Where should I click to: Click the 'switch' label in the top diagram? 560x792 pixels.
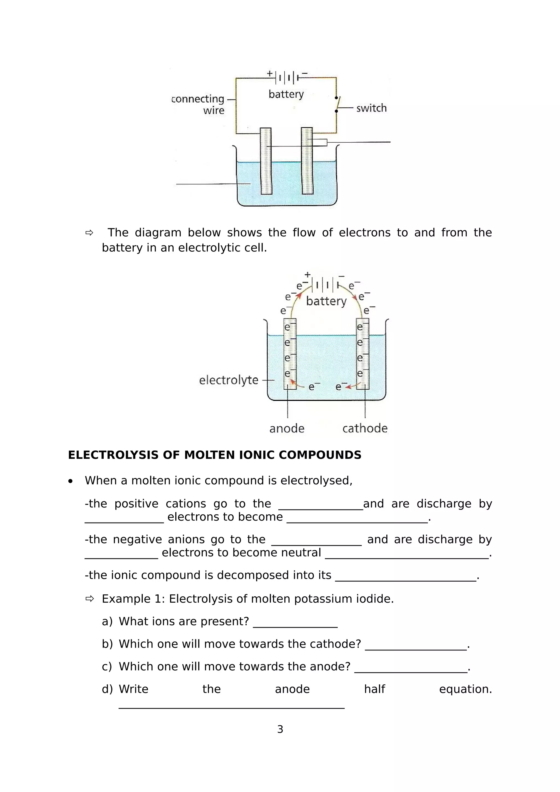pyautogui.click(x=371, y=108)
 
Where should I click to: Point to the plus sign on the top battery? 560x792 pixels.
pyautogui.click(x=270, y=74)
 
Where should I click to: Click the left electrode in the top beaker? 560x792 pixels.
pyautogui.click(x=266, y=161)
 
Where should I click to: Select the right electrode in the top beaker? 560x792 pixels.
pyautogui.click(x=307, y=161)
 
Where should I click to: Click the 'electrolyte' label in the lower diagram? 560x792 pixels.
pyautogui.click(x=228, y=380)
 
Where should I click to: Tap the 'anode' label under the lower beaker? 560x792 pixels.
pyautogui.click(x=287, y=429)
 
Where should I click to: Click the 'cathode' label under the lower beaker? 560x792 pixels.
pyautogui.click(x=365, y=429)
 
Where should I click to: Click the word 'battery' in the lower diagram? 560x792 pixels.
pyautogui.click(x=326, y=301)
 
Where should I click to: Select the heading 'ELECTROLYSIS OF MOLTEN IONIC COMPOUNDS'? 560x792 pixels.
pyautogui.click(x=215, y=455)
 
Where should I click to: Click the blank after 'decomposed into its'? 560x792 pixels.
pyautogui.click(x=406, y=576)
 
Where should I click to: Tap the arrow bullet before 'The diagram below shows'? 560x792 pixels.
pyautogui.click(x=89, y=233)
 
